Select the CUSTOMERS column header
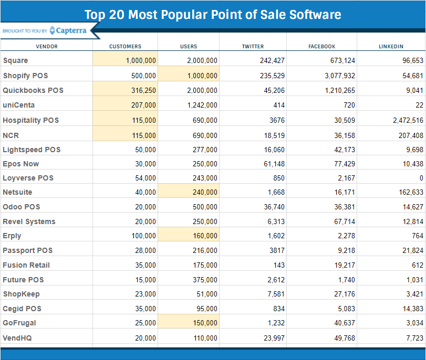(125, 47)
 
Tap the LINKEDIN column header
(391, 47)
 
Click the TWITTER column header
(253, 47)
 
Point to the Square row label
(15, 60)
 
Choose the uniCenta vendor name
(19, 105)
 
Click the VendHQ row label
(17, 338)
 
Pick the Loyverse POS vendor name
(28, 178)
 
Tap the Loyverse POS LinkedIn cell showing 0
(421, 178)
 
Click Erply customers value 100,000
(143, 236)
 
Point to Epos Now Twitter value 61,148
(272, 164)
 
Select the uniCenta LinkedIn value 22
(419, 105)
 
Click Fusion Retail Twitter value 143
(279, 265)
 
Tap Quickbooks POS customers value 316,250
(143, 90)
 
